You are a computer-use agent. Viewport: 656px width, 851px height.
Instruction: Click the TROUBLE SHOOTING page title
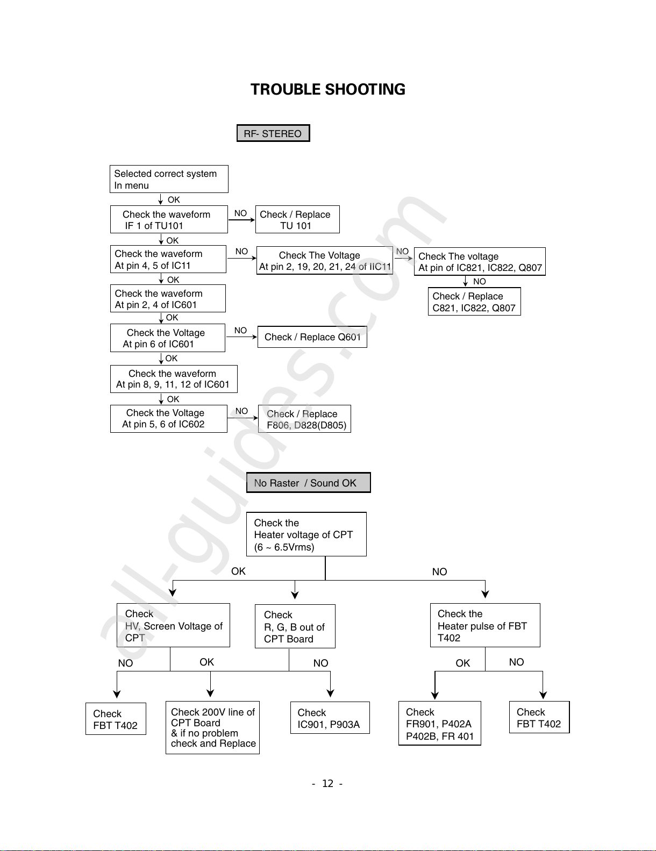[328, 89]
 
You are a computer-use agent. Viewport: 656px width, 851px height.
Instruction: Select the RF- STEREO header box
[273, 133]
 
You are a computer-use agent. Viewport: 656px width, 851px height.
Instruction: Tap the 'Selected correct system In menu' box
[169, 179]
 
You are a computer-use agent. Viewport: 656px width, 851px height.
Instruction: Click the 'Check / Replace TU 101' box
[297, 219]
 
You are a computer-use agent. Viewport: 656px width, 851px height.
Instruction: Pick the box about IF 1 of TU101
[169, 219]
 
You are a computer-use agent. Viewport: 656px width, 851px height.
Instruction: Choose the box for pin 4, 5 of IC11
[168, 259]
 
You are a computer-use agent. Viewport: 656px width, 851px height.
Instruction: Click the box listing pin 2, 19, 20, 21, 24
[325, 260]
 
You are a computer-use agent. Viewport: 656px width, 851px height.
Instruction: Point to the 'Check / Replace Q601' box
[312, 337]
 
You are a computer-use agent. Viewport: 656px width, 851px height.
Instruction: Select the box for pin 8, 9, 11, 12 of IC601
[174, 379]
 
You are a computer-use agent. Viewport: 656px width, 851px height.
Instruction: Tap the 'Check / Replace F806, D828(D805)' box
[304, 419]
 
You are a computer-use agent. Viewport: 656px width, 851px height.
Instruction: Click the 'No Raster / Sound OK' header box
[308, 482]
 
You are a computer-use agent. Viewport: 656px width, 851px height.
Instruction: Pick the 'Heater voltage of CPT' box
[306, 534]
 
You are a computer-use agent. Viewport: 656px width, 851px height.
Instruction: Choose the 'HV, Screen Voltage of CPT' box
[173, 625]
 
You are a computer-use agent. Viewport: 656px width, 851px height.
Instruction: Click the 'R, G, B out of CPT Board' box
[295, 626]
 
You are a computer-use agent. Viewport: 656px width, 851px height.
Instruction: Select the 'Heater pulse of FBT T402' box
[485, 625]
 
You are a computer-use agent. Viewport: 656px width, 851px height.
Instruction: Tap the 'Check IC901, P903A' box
[330, 718]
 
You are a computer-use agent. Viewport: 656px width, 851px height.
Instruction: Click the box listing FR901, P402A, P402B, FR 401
[439, 723]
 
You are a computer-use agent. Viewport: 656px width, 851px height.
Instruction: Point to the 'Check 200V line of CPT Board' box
[212, 727]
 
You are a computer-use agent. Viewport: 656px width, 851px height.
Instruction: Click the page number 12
[327, 783]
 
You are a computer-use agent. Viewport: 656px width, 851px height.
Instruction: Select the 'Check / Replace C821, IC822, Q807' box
[474, 302]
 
